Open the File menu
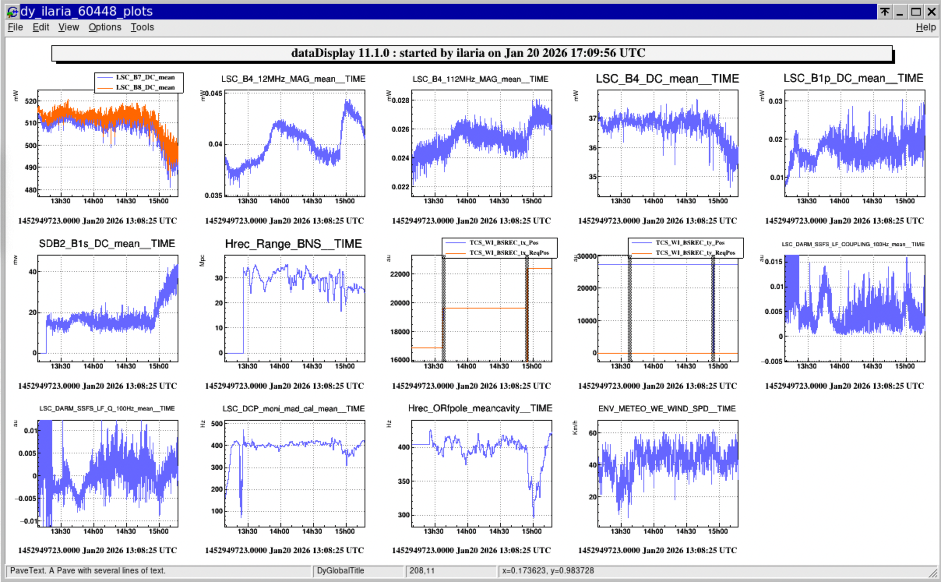tap(15, 27)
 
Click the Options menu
tap(105, 27)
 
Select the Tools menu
tap(142, 27)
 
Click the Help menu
tap(925, 27)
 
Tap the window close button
tap(932, 12)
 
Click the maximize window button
tap(916, 12)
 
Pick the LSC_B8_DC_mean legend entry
tap(145, 87)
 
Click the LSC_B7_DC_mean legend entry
tap(145, 77)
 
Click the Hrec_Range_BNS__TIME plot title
tap(293, 244)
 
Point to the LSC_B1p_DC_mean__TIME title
tap(853, 78)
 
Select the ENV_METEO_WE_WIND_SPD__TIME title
tap(667, 409)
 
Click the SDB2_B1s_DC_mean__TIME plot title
tap(107, 244)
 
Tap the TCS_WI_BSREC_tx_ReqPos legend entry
tap(509, 253)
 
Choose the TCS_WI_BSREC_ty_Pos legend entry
tap(690, 243)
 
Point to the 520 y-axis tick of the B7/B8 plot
tap(30, 101)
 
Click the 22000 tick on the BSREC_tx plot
tap(400, 274)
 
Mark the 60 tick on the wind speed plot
tap(592, 433)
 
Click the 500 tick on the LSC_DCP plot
tap(217, 424)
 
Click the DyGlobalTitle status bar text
tap(340, 571)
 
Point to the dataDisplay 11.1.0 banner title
tap(468, 53)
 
